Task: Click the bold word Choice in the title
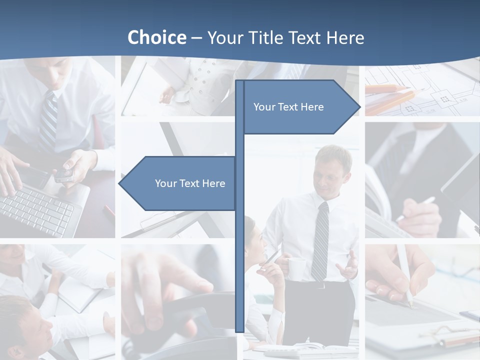click(x=156, y=37)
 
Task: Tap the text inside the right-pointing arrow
click(x=288, y=107)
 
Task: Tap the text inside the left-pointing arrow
click(x=190, y=183)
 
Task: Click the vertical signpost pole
click(x=239, y=250)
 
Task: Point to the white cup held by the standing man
click(x=296, y=268)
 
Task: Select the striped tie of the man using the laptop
click(x=48, y=122)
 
